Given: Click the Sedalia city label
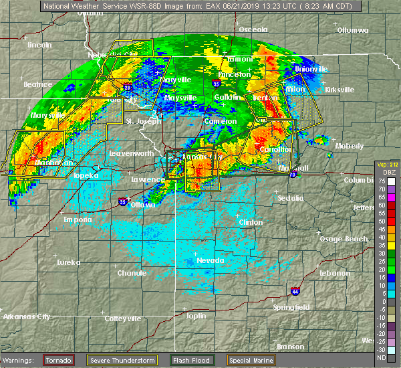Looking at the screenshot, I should tap(289, 198).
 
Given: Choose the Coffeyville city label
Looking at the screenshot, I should tap(125, 318).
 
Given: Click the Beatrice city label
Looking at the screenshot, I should tap(37, 84).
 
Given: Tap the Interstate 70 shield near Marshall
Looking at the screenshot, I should tap(292, 174).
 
